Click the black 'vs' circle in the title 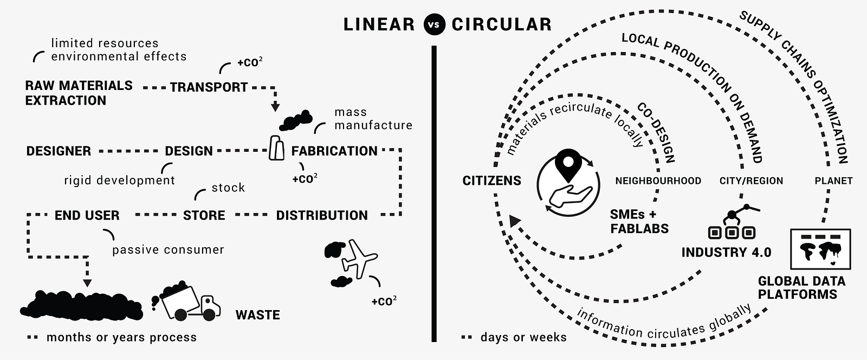434,24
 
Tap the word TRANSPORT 209,87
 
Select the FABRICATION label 334,151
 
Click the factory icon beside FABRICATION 276,148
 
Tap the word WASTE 258,315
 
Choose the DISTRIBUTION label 322,216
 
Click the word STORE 204,216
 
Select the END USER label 87,216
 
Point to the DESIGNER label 59,151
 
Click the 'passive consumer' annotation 168,250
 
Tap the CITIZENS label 492,181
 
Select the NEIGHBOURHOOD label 658,181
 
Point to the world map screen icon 820,249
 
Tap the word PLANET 833,181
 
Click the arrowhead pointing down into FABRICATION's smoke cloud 275,106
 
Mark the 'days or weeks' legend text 523,337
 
